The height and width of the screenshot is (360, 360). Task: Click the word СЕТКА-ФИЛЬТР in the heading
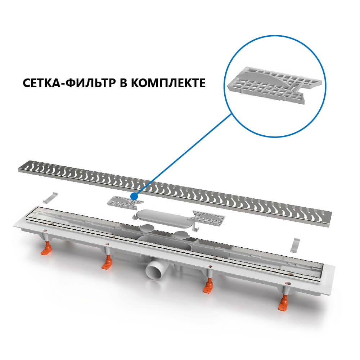point(69,83)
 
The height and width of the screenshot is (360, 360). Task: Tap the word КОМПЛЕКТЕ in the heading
point(168,83)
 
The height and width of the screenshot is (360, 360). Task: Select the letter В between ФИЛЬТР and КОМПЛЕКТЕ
point(123,83)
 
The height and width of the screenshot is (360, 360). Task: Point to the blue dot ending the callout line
point(134,197)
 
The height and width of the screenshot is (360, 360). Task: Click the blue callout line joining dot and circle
point(183,155)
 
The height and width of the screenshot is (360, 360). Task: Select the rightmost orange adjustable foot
point(284,303)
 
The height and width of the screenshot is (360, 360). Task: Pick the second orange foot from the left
point(107,263)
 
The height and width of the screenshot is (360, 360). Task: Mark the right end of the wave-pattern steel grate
point(330,220)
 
